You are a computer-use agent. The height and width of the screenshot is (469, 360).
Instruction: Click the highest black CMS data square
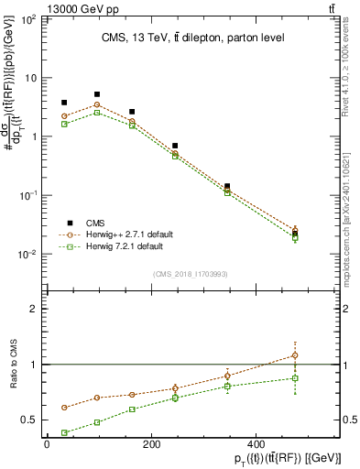(x=97, y=94)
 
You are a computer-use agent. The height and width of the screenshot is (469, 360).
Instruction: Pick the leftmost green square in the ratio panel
(x=64, y=432)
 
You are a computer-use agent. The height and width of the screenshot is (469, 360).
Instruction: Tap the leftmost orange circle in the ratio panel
(x=64, y=408)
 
